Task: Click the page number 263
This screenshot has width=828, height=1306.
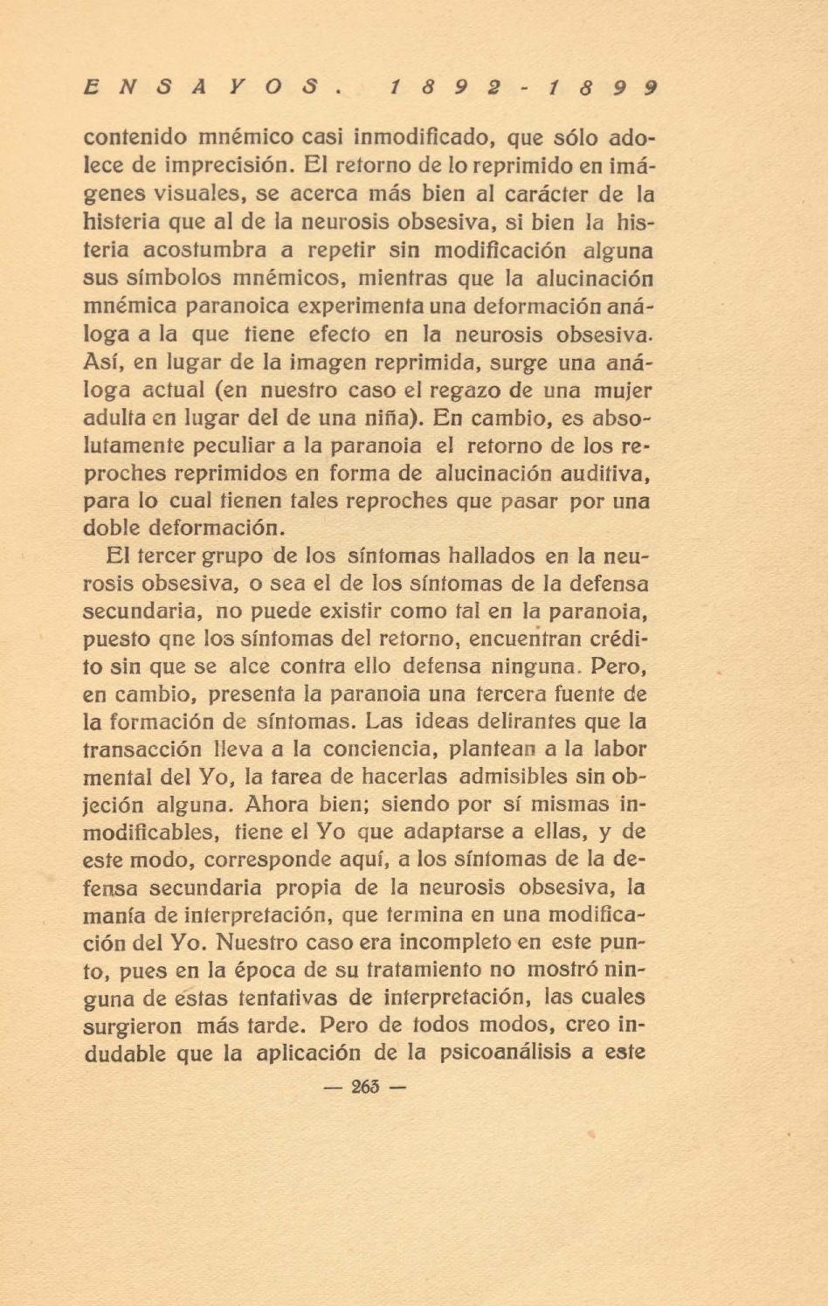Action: click(365, 1088)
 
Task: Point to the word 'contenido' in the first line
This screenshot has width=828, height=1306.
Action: click(135, 138)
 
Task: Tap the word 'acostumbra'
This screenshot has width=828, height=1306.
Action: click(205, 250)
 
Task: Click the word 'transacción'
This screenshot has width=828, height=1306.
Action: click(142, 750)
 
